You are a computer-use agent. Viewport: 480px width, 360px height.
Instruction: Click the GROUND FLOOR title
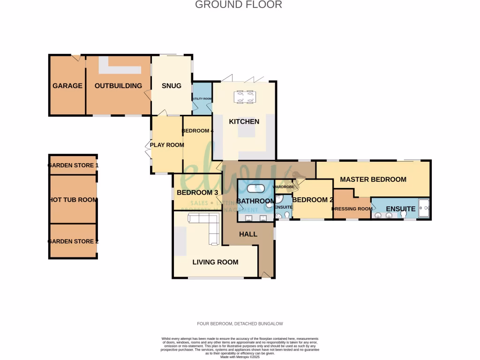[238, 5]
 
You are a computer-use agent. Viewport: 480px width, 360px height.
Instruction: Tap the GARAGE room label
[67, 86]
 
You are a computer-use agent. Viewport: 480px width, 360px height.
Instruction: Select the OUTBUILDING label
[118, 86]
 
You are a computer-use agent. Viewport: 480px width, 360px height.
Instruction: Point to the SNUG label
[171, 86]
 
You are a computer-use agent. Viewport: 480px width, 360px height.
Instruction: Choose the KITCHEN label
[244, 122]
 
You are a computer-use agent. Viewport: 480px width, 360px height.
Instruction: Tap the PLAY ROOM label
[167, 145]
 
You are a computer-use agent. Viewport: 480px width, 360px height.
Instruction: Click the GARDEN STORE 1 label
[73, 165]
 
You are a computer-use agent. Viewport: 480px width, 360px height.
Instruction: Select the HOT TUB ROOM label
[73, 200]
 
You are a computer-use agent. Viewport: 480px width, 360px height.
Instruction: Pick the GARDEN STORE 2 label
[73, 241]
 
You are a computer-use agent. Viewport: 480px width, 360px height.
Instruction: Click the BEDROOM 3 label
[197, 193]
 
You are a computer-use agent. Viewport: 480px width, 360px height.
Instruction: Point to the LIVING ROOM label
[215, 262]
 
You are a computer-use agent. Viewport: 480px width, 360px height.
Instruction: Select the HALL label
[248, 234]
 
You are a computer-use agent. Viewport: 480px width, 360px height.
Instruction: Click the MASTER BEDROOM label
[373, 180]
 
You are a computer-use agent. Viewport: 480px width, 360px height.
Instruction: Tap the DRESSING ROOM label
[352, 209]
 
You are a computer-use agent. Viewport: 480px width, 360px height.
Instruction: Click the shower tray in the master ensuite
[424, 207]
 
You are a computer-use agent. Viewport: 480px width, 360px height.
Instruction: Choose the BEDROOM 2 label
[312, 200]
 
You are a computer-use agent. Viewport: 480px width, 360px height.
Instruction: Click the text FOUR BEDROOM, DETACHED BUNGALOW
[240, 324]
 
